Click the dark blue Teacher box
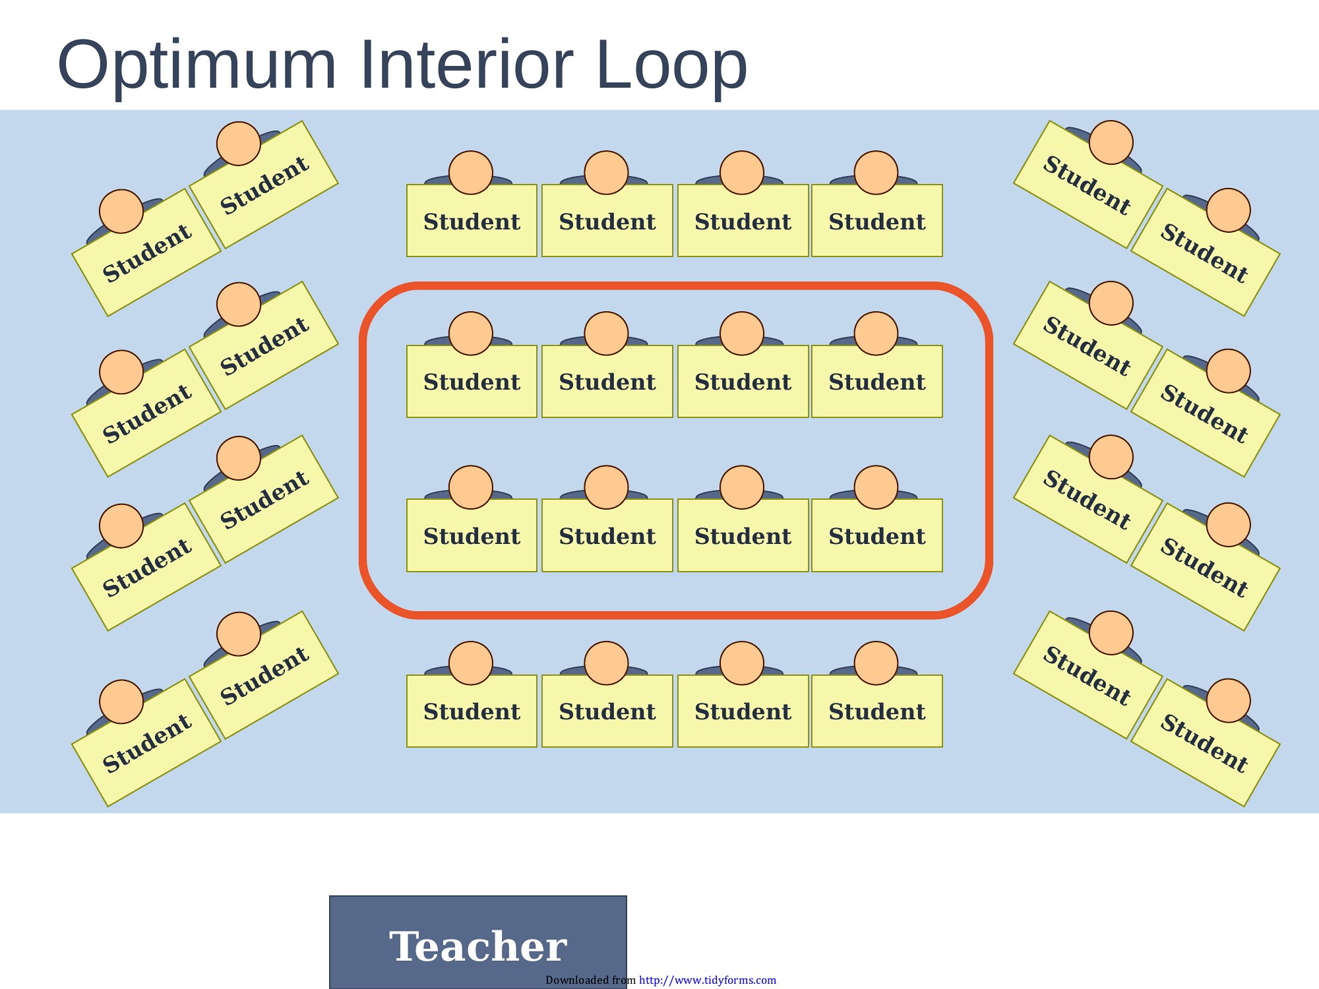coord(478,942)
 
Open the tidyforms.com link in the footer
coord(708,980)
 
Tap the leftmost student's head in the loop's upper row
coord(471,334)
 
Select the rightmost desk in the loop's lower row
coord(877,535)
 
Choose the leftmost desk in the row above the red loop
coord(472,221)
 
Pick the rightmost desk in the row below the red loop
coord(877,711)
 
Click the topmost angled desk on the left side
coord(264,185)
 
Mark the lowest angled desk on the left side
coord(146,742)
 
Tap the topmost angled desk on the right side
coord(1088,185)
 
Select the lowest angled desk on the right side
coord(1206,742)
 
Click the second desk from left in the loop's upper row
coord(607,382)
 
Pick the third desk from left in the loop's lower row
coord(743,535)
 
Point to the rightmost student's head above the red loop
coord(876,173)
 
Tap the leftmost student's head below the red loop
coord(471,663)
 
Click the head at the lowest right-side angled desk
coord(1229,701)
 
